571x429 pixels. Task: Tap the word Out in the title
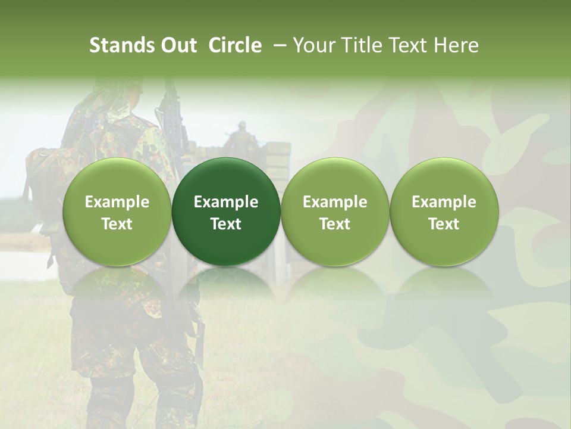(178, 45)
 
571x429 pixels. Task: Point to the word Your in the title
(313, 45)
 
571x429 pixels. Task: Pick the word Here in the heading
(456, 45)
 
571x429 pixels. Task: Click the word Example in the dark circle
(226, 202)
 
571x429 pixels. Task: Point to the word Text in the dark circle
(226, 224)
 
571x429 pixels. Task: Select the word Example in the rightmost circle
(444, 202)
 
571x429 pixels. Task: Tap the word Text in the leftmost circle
(117, 224)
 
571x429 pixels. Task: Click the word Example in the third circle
(335, 202)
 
